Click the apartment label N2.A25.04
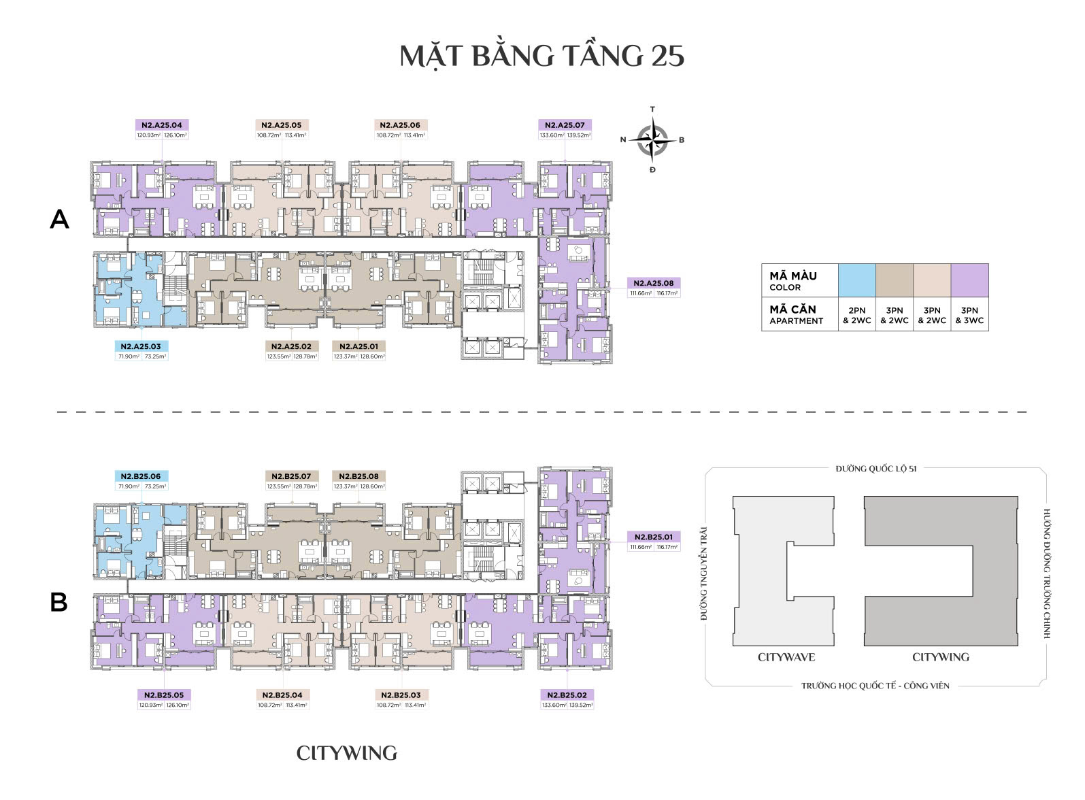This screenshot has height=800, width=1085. coord(162,125)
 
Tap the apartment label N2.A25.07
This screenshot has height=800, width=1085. coord(565,125)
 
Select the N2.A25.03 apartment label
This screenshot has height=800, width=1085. coord(141,346)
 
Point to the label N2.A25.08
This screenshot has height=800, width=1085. coord(653,283)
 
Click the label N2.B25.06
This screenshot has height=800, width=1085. coord(141,476)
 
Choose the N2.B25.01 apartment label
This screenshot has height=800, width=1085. coord(653,537)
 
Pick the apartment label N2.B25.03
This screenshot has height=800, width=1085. coord(400,695)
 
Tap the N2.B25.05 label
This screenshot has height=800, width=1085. coord(164,695)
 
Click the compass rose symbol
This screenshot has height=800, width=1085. coord(652,139)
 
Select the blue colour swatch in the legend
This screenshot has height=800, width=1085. coord(857,280)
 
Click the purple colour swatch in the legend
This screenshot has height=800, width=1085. coord(969,280)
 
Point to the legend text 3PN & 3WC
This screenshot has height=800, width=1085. coord(969,315)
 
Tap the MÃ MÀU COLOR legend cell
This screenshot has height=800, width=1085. coord(799,280)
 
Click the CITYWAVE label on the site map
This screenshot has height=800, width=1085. coord(786,657)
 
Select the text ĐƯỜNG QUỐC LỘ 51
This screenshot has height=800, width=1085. coord(876,469)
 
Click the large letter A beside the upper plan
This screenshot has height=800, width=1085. coord(60,219)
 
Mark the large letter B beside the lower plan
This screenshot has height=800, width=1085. coord(59,602)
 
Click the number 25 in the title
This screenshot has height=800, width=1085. coord(667,56)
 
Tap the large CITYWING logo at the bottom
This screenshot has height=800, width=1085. coord(346,753)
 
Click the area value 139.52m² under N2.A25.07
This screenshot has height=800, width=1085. coord(579,135)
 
